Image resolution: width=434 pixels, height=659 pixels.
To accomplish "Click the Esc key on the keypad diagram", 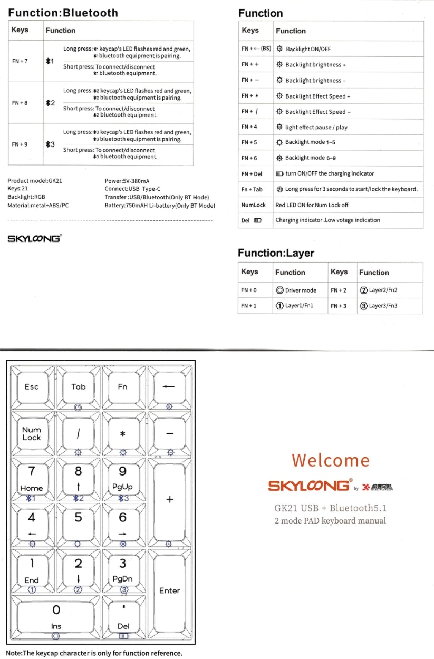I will coord(32,387).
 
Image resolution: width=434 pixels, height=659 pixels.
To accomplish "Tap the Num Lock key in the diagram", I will coord(32,434).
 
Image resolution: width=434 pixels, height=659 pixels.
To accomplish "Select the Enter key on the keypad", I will coord(169,590).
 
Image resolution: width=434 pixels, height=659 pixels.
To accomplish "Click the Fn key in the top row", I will coord(122,387).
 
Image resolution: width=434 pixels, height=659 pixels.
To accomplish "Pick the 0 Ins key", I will coord(56,614).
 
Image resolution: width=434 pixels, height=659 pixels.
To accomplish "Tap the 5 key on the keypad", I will coord(78,518).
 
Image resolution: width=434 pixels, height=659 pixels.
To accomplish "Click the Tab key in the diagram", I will coord(78,387).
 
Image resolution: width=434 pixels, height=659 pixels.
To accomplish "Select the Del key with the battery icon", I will coord(123,617).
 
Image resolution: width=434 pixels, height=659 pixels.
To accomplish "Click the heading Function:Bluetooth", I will coord(63,13).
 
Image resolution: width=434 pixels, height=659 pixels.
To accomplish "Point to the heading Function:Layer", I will coord(276,253).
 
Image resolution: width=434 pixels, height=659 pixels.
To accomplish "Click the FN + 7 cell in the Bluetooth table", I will coord(20,61).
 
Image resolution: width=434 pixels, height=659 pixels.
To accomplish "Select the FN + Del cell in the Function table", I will coord(252,173).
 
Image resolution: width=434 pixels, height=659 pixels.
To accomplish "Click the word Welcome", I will coord(331,460).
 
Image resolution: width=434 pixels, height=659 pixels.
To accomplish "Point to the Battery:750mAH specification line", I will coord(160,205).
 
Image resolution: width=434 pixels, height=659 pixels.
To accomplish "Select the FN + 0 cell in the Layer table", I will coord(249,290).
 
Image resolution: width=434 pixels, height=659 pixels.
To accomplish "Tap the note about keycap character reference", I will coord(94,653).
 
